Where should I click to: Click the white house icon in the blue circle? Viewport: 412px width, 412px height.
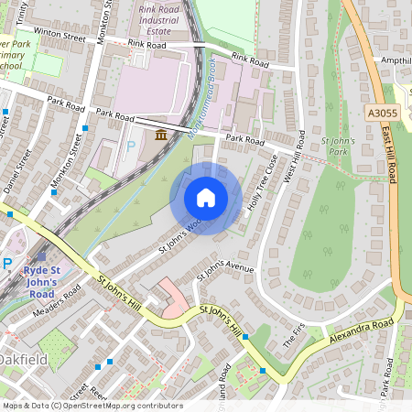point(206,198)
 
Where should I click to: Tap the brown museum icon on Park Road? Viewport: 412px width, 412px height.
point(161,136)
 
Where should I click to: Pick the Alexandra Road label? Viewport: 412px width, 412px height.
point(367,330)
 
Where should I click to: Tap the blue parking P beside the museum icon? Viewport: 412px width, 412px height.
point(131,146)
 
